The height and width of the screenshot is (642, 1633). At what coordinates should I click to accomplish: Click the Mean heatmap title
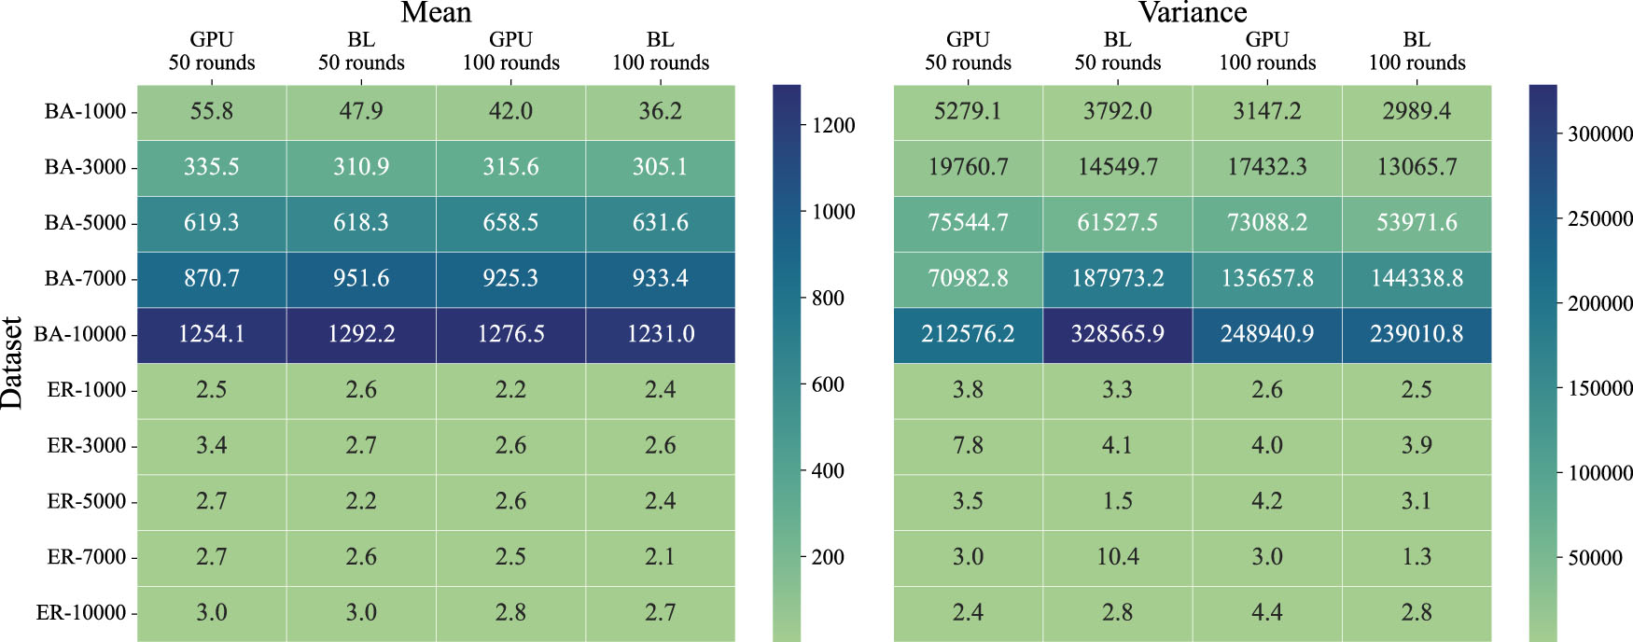coord(436,12)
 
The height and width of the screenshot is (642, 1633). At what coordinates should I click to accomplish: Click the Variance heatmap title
coord(1192,12)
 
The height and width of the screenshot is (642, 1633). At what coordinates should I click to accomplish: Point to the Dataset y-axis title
coord(12,363)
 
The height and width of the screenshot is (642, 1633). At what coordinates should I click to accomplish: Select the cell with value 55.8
coord(212,112)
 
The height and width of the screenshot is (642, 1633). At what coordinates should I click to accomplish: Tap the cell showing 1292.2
coord(361,334)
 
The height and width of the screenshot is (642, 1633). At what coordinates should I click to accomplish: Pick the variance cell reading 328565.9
coord(1117,334)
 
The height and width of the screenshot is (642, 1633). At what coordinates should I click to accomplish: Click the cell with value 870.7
coord(212,278)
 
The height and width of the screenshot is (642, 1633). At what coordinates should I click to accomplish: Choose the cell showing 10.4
coord(1117,557)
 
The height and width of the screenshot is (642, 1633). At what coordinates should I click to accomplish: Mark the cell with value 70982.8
coord(968,278)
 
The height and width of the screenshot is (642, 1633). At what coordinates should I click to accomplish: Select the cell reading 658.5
coord(510,223)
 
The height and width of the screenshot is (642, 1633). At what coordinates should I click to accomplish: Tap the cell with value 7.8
coord(968,445)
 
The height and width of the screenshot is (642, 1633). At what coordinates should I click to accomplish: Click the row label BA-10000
coord(80,334)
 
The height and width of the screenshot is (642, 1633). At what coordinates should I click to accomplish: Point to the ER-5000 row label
coord(87,501)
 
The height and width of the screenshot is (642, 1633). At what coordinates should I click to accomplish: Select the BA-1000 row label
coord(85,112)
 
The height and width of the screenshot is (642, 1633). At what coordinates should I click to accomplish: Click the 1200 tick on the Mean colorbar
coord(833,126)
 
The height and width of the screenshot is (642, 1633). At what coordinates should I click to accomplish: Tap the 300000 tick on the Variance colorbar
coord(1599,134)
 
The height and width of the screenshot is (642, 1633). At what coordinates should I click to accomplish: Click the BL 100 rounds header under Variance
coord(1417,51)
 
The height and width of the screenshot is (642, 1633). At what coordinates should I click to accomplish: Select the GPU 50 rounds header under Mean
coord(212,51)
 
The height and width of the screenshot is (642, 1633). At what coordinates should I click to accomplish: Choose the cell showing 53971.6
coord(1417,223)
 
